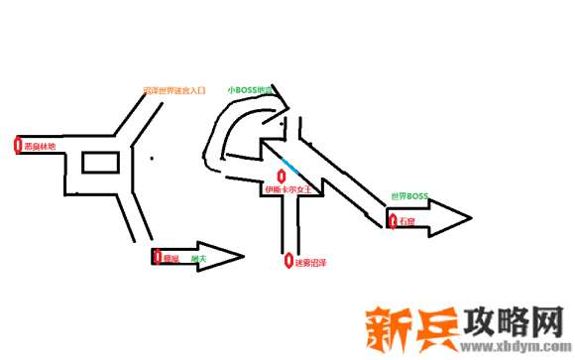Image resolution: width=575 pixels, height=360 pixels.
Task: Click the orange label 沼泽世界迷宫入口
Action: [173, 90]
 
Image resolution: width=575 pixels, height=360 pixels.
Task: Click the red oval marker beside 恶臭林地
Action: [18, 145]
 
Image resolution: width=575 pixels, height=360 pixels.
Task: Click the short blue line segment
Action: [290, 164]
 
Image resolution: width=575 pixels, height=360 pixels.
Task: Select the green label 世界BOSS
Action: [408, 196]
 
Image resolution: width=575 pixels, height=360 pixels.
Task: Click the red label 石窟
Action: [405, 221]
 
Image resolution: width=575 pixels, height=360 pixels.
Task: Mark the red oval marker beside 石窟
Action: [389, 220]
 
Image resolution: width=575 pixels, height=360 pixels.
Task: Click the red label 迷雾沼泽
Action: [310, 263]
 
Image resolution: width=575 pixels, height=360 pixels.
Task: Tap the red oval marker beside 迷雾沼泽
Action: [287, 263]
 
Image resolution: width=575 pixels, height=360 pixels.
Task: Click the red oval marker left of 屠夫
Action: [156, 257]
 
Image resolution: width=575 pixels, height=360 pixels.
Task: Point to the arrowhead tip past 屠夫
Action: [242, 257]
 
